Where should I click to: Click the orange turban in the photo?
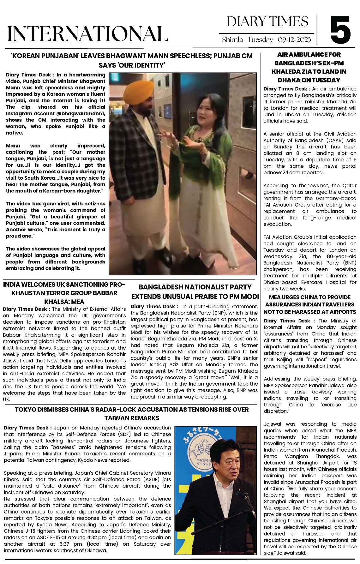click(137, 91)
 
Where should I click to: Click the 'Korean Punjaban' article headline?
click(132, 60)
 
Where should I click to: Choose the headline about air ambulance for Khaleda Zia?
click(309, 67)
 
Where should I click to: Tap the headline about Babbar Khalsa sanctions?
click(64, 293)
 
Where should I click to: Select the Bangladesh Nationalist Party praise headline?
click(195, 291)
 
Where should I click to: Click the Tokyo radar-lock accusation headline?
click(132, 413)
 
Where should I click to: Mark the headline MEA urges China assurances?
click(310, 304)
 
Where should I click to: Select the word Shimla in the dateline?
click(232, 40)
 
